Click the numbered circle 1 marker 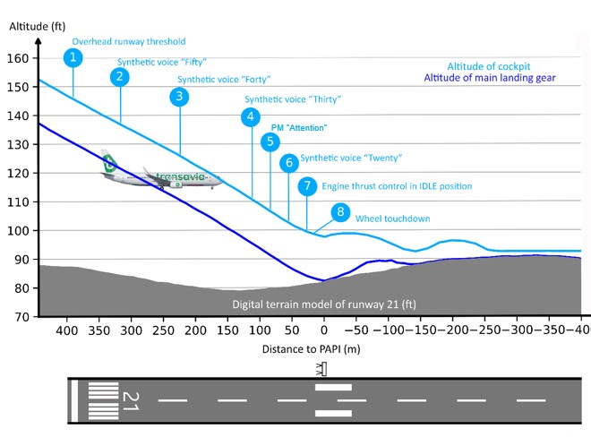pyautogui.click(x=74, y=58)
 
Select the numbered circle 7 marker pyautogui.click(x=307, y=186)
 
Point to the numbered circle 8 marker pyautogui.click(x=339, y=212)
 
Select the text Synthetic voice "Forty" pyautogui.click(x=224, y=79)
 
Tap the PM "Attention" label pyautogui.click(x=299, y=127)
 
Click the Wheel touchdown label pyautogui.click(x=393, y=218)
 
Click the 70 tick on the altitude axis pyautogui.click(x=21, y=317)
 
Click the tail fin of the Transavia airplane pyautogui.click(x=109, y=159)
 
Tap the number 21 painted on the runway pyautogui.click(x=131, y=400)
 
